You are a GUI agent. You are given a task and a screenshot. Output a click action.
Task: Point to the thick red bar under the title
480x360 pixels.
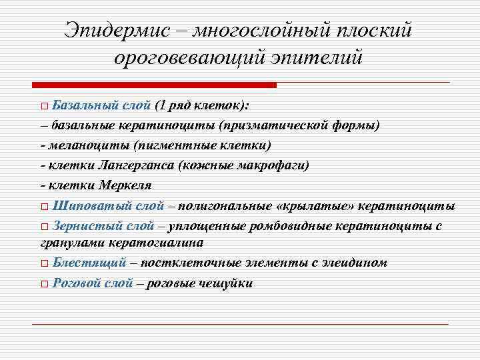(154, 85)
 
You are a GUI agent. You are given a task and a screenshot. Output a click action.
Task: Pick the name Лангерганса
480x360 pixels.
(129, 165)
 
